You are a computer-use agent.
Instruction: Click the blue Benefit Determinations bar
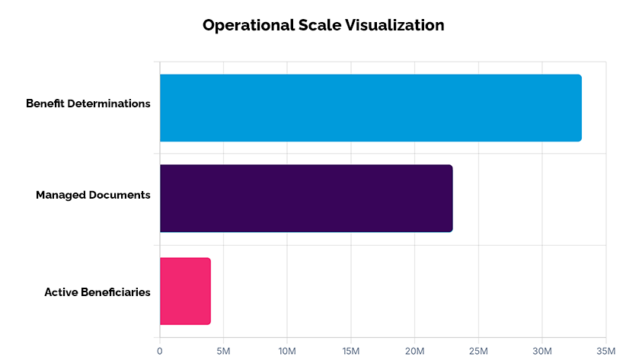tap(371, 108)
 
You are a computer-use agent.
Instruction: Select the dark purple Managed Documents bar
tap(306, 199)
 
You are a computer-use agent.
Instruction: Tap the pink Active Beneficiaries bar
tap(185, 291)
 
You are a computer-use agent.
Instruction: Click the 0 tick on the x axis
tap(160, 351)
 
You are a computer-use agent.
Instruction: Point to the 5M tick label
tap(224, 351)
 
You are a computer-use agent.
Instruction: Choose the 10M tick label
tap(287, 351)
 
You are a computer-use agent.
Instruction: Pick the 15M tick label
tap(351, 351)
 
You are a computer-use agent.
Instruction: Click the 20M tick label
tap(414, 351)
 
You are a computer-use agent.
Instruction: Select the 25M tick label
tap(478, 351)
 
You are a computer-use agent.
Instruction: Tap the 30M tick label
tap(542, 351)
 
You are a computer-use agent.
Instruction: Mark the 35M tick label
tap(605, 351)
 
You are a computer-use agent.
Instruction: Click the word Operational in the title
tap(248, 26)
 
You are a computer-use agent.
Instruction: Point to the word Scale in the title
tap(320, 25)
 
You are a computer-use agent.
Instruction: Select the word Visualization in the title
tap(394, 25)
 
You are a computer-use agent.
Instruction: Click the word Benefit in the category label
tap(45, 104)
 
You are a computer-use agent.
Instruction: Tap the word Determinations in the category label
tap(109, 104)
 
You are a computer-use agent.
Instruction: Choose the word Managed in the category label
tap(61, 195)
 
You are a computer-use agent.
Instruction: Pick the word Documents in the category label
tap(120, 195)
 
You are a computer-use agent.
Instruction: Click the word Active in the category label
tap(61, 292)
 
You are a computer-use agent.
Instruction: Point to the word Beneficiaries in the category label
tap(116, 292)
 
